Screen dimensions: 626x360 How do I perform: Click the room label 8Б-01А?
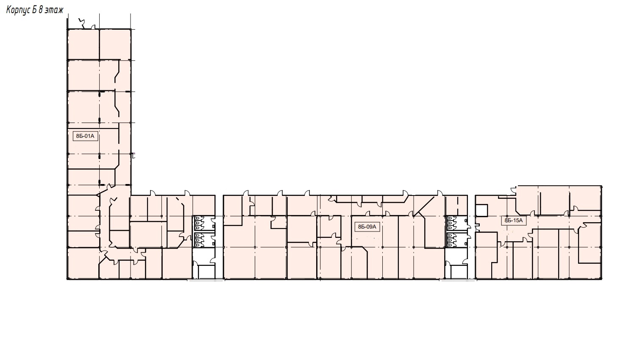[85, 136]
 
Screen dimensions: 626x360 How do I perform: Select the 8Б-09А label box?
[367, 227]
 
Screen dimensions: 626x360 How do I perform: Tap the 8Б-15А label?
[514, 220]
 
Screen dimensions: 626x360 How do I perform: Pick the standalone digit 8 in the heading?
[41, 10]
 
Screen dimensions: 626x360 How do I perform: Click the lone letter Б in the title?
[34, 10]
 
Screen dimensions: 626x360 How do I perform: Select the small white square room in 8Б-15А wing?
[481, 210]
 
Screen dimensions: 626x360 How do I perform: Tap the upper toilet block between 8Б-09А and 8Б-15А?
[456, 223]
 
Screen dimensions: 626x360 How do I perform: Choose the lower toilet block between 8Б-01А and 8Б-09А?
[204, 240]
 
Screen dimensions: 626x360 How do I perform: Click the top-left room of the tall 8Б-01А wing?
[83, 45]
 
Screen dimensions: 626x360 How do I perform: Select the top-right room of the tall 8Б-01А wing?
[115, 45]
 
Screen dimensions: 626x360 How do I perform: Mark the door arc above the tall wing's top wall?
[94, 27]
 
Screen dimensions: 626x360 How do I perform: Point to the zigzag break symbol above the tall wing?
[82, 23]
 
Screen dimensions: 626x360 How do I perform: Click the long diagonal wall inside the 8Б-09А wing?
[424, 206]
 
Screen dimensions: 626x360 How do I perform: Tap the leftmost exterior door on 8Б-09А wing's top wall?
[246, 193]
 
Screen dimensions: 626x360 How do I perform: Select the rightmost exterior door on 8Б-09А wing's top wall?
[440, 193]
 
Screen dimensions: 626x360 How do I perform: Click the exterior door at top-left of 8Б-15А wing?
[513, 191]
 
